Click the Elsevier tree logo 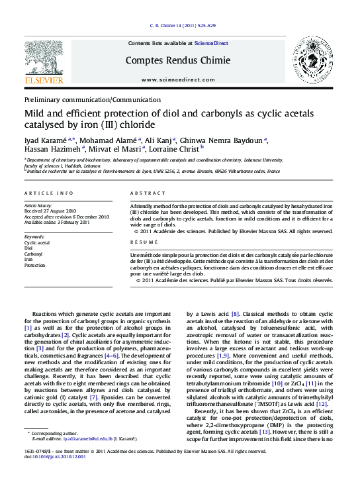(44, 64)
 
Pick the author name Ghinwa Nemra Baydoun (214, 140)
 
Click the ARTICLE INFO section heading (49, 193)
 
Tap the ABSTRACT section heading (148, 193)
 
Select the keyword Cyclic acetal (37, 243)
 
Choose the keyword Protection (36, 264)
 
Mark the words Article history (38, 206)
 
